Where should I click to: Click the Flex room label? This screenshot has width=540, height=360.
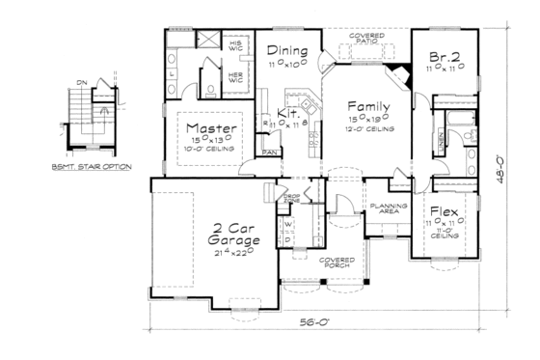point(444,211)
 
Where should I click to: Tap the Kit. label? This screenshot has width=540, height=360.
point(289,114)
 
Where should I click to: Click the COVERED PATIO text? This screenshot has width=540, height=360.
point(367,39)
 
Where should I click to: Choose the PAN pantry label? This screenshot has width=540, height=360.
point(271,152)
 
